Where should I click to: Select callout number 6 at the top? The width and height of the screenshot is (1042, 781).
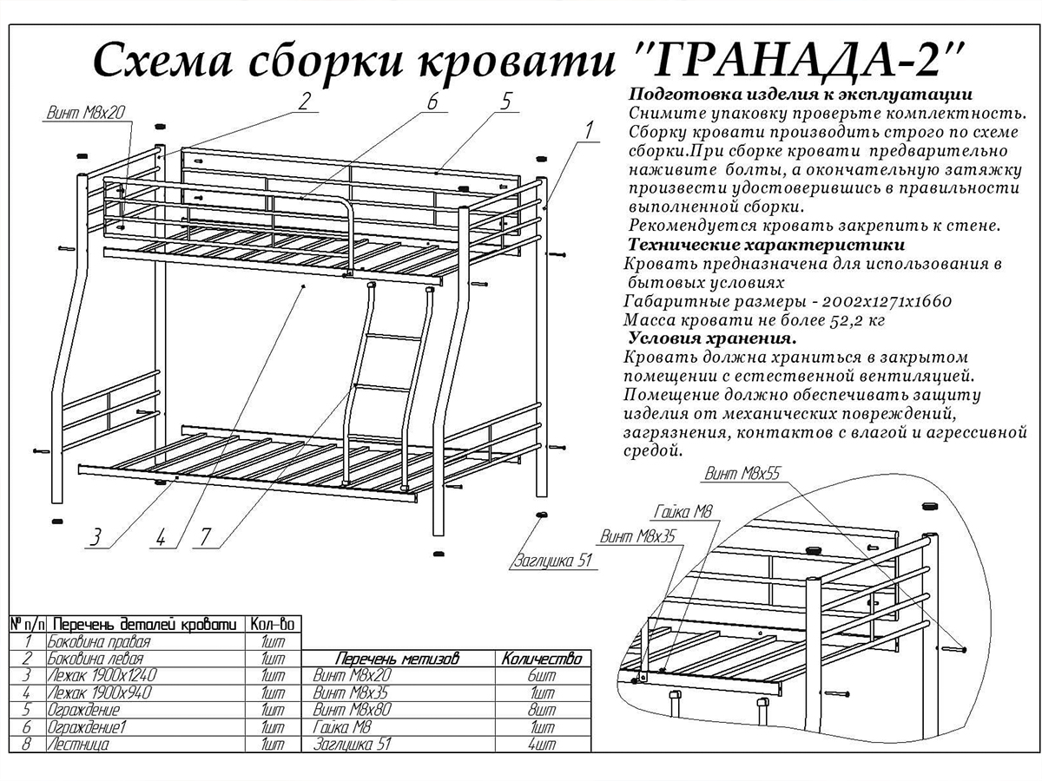coord(432,102)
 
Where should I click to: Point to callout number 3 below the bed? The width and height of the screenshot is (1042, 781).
coord(96,538)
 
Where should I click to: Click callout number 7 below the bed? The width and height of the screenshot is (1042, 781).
coord(205,538)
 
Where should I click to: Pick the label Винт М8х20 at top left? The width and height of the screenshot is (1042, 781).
coord(85,113)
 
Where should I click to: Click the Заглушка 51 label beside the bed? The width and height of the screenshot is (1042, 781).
coord(553,561)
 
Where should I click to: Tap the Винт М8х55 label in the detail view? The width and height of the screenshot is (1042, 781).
coord(742,473)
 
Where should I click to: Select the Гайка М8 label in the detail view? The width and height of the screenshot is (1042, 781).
coord(683,512)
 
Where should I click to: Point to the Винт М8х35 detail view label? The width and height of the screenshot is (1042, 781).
coord(637,536)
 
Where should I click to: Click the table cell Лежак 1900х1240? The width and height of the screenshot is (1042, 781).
coord(102,675)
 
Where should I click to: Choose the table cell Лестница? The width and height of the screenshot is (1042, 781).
coord(78,744)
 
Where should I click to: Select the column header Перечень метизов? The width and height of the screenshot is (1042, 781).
coord(398,658)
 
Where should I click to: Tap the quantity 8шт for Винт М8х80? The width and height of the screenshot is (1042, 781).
coord(542,710)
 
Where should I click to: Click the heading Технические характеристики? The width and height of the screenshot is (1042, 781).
coord(766,246)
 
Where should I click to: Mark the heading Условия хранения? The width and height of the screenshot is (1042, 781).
coord(713,338)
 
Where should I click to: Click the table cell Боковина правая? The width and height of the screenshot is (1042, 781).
coord(99,641)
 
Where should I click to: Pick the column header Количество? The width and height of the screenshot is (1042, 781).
coord(542,658)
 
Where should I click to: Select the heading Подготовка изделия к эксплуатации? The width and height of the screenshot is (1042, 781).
coord(801,95)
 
